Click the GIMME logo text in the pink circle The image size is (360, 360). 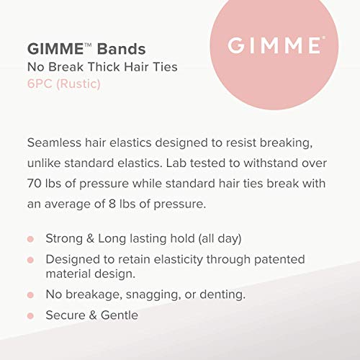(x=274, y=45)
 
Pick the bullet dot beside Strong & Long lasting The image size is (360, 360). (x=30, y=239)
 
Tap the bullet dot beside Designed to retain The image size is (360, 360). (x=30, y=259)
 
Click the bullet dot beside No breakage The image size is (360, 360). (x=30, y=294)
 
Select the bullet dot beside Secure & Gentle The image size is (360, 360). (x=30, y=315)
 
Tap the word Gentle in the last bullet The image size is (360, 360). (x=118, y=315)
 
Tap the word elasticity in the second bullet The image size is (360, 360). (x=186, y=259)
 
